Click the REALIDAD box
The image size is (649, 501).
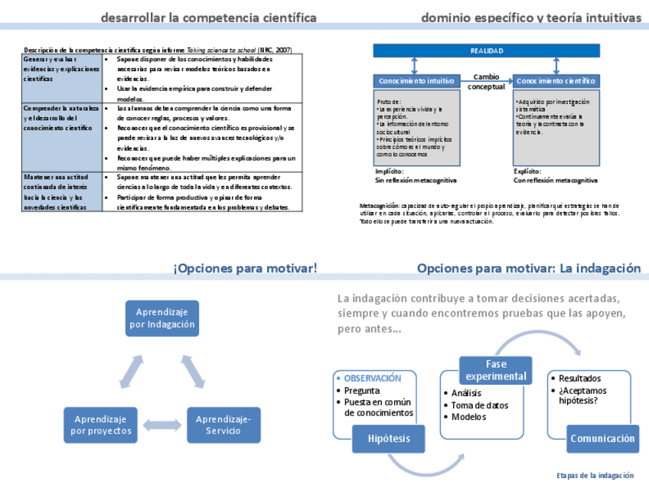point(486,51)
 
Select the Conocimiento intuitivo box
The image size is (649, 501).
point(416,80)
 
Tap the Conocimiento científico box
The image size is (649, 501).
point(556,80)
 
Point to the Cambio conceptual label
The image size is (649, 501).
point(486,82)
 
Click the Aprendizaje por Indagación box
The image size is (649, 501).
point(162,318)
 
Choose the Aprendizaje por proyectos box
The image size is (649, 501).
point(100,425)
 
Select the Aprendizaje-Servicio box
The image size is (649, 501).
point(223,425)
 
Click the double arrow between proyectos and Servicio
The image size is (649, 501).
point(161,425)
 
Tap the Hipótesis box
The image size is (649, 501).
point(389,439)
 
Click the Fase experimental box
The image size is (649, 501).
point(496,369)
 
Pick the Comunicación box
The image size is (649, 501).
point(602,439)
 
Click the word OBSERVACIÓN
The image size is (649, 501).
point(373,378)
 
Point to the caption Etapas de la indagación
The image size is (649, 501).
point(595,476)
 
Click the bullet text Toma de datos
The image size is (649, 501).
point(479,405)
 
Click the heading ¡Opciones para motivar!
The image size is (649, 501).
point(245,268)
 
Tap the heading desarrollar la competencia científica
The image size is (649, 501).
point(208,18)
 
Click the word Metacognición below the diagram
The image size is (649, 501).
point(379,206)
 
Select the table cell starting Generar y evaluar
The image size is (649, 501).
point(61,69)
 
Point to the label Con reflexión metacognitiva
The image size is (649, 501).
point(555,181)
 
